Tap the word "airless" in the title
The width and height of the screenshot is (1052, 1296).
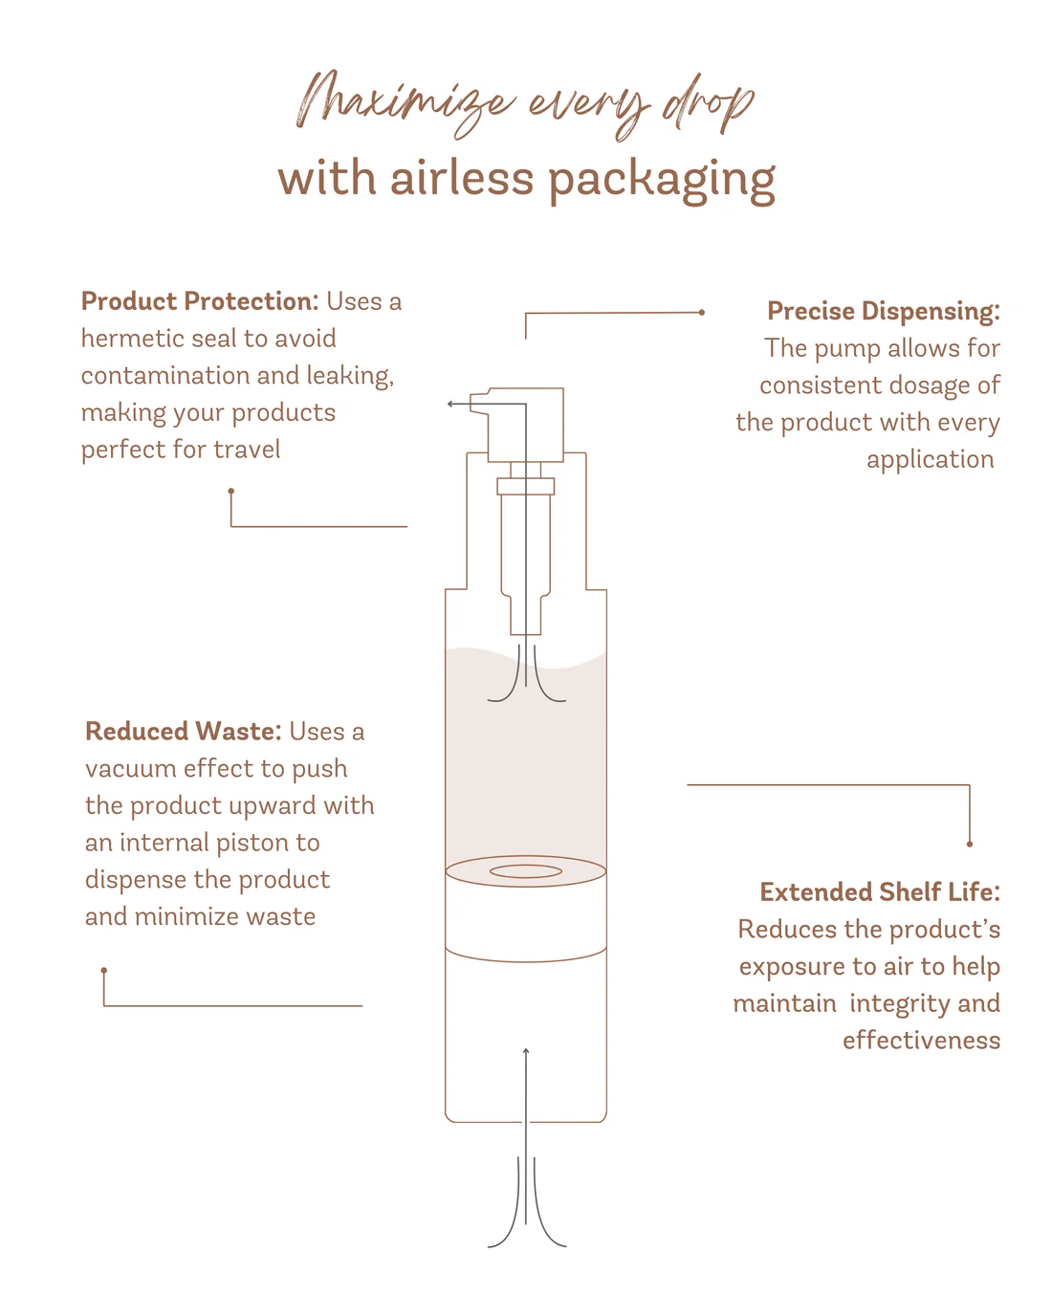coord(462,179)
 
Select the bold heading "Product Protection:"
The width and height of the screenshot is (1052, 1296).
coord(200,301)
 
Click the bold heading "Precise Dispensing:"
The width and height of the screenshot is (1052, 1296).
coord(883,311)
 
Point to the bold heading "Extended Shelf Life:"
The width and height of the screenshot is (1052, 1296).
coord(880,892)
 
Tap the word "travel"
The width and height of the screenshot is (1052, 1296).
coord(247,450)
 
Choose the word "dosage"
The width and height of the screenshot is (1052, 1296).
coord(919,385)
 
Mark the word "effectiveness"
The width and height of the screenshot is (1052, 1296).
coord(921,1041)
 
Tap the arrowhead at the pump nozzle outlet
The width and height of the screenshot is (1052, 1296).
coord(450,405)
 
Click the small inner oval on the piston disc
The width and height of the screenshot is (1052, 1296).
coord(526,871)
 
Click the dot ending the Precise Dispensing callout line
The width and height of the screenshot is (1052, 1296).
coord(702,312)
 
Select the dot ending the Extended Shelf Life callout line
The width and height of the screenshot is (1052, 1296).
coord(970,844)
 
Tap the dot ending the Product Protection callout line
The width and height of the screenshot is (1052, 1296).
coord(231,491)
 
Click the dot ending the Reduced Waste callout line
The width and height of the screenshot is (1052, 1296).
coord(104,970)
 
